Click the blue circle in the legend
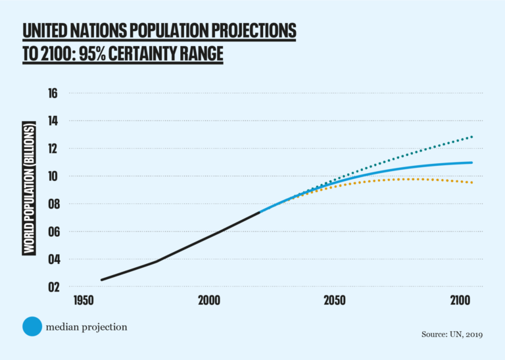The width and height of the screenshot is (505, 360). tap(32, 326)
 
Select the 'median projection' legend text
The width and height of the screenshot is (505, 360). tap(87, 326)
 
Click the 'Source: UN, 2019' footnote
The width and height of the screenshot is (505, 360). tap(452, 335)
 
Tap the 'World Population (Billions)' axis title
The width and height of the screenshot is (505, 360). tap(29, 188)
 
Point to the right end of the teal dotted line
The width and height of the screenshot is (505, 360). tap(472, 137)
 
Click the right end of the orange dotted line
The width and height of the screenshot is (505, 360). tap(472, 182)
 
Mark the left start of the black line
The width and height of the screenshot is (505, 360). tap(101, 280)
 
